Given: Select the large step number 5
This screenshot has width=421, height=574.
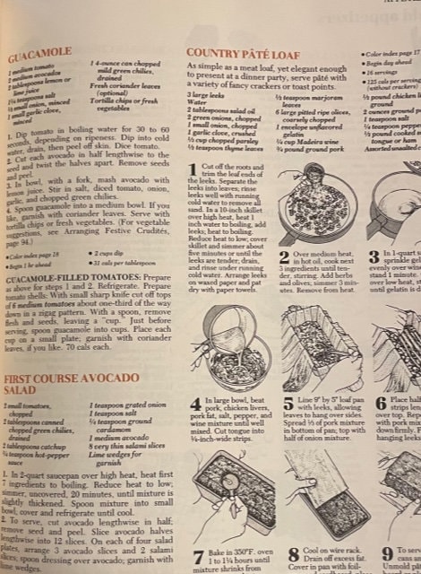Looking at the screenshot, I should tap(286, 402).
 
